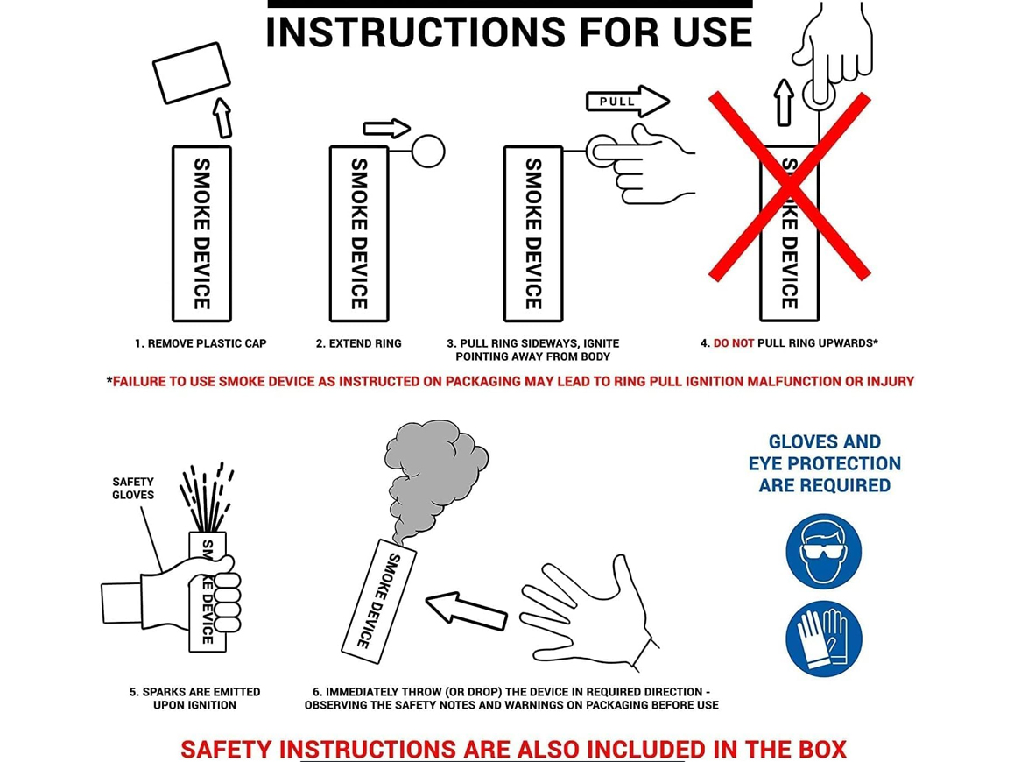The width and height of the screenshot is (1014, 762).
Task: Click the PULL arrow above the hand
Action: [627, 102]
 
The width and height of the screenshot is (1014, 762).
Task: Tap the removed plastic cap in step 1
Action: [192, 73]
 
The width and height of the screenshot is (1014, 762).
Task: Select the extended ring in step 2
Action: [428, 152]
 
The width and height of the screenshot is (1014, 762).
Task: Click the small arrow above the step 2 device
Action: [387, 128]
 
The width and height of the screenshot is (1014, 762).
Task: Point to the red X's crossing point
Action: [789, 187]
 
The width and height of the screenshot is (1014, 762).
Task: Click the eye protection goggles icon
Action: [824, 551]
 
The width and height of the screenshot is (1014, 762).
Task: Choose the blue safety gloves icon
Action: [824, 639]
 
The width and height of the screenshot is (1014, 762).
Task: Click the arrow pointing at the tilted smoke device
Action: [466, 610]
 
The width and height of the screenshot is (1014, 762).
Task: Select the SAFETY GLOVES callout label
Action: [133, 489]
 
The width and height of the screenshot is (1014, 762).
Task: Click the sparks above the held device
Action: [207, 497]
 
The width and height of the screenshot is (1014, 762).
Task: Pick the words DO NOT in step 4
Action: [733, 343]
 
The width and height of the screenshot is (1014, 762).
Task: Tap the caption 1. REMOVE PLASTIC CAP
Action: [201, 343]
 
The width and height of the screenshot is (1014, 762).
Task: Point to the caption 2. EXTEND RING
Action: [358, 343]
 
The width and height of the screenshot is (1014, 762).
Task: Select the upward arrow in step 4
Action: [784, 102]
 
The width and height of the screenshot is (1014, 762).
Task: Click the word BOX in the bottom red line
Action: [822, 750]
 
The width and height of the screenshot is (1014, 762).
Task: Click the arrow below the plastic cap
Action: [222, 117]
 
